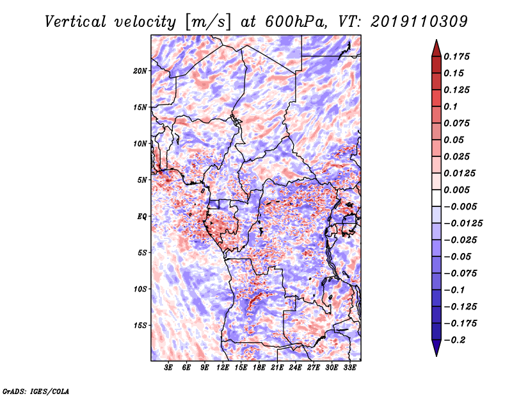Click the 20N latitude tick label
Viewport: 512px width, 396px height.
pos(140,71)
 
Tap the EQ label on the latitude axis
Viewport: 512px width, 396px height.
pos(142,217)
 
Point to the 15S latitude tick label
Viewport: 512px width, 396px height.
pos(140,326)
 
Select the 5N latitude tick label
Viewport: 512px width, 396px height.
pos(142,180)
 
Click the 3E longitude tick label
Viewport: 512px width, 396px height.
pos(168,368)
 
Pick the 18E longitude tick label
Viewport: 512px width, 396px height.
pos(259,368)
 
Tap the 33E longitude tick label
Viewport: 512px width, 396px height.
pos(349,368)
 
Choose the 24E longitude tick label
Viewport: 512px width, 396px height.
pos(295,368)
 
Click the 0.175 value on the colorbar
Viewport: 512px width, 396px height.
pos(456,56)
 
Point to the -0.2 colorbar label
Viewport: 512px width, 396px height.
pos(454,340)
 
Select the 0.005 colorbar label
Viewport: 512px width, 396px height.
pos(456,190)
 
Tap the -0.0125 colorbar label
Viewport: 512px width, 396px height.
pos(463,224)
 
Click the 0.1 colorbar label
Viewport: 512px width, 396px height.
pos(451,106)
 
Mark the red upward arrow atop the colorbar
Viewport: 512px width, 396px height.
pos(436,48)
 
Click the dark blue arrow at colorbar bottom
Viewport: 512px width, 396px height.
pos(436,348)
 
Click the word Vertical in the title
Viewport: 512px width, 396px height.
pos(76,22)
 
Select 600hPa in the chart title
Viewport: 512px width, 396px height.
pos(296,22)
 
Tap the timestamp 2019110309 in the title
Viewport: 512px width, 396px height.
pos(419,22)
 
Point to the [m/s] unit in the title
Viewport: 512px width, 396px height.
pos(208,22)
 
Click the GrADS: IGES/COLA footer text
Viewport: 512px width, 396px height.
pos(36,392)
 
